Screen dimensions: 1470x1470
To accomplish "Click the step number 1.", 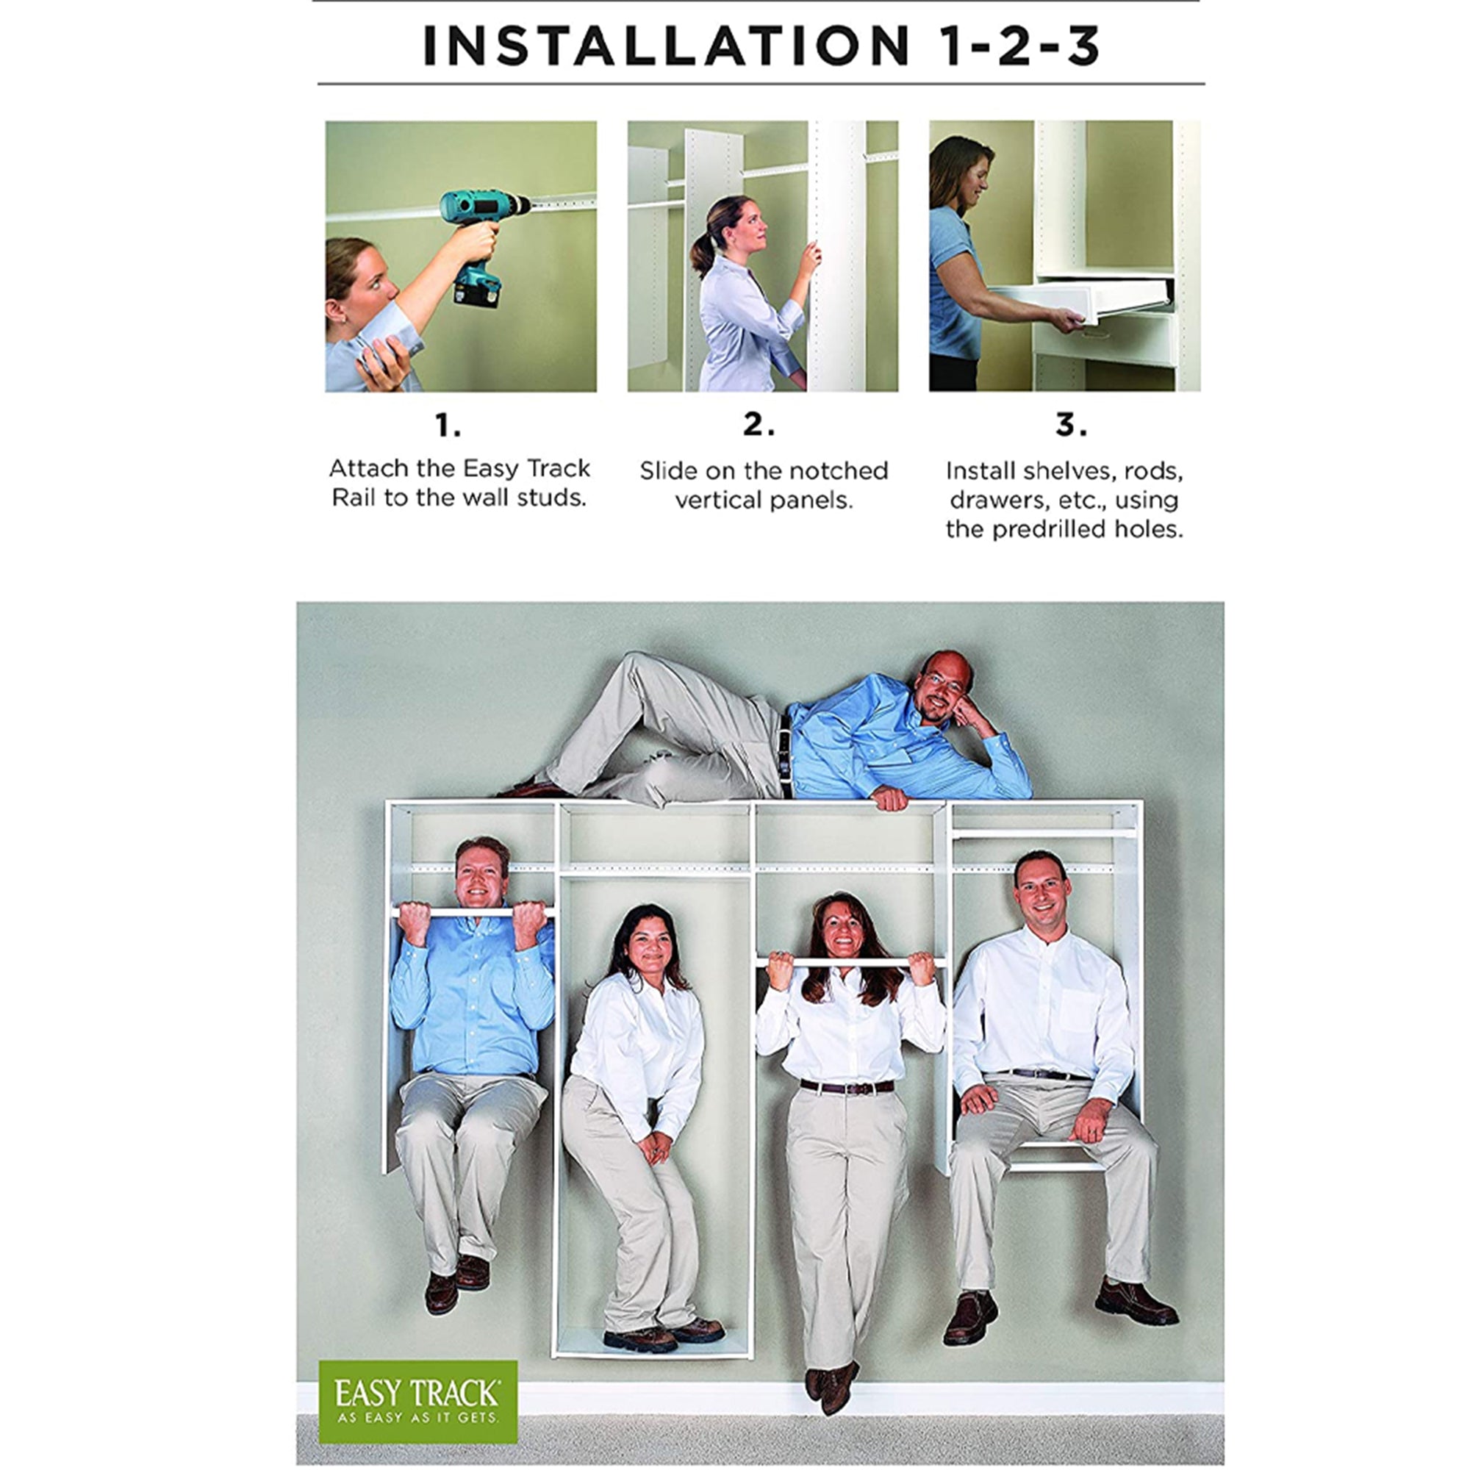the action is [x=448, y=426].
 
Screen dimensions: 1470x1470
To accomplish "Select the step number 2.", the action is [x=759, y=425].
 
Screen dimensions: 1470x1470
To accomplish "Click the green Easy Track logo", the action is [x=417, y=1402].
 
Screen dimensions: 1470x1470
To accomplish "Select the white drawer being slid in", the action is [x=1083, y=301].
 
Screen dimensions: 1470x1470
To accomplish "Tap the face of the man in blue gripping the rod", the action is [x=481, y=875].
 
